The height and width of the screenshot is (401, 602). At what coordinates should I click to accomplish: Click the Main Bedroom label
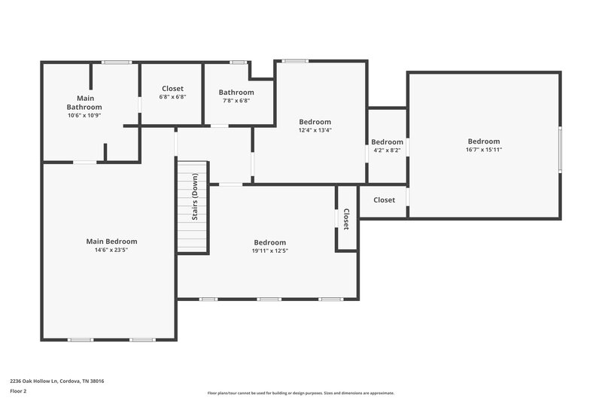111,242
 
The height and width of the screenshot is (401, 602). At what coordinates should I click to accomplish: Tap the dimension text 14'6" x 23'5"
111,251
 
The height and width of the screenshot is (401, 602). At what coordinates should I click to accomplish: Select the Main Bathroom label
84,102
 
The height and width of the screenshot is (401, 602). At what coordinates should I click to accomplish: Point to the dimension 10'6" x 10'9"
84,116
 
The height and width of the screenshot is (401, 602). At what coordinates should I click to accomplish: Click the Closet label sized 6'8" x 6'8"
172,89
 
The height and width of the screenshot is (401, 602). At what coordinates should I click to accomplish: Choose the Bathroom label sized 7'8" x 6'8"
236,93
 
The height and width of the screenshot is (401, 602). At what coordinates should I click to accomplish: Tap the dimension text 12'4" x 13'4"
315,130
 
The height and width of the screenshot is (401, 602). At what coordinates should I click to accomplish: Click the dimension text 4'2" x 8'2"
387,150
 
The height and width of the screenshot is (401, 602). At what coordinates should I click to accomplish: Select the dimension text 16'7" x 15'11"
483,150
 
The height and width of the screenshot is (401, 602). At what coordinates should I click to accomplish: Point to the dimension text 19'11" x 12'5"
269,251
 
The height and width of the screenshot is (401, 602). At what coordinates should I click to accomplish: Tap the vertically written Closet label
346,219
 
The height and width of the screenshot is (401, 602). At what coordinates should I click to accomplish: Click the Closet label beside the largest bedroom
384,200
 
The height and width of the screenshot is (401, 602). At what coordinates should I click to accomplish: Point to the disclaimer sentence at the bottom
300,393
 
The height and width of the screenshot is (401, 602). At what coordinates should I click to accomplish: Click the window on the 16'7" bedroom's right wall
559,150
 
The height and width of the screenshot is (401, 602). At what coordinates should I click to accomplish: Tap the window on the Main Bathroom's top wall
117,62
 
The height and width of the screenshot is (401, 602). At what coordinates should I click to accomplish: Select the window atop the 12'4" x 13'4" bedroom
295,60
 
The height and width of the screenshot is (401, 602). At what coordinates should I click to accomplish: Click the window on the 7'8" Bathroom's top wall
239,62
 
